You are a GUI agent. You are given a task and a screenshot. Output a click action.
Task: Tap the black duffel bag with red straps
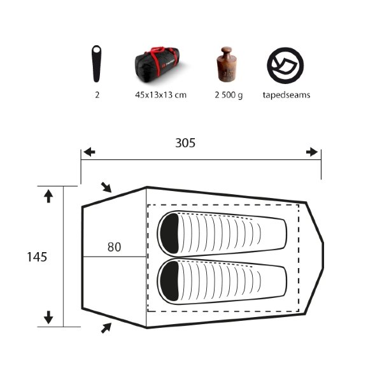click(158, 62)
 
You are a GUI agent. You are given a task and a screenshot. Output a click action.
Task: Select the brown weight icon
click(226, 64)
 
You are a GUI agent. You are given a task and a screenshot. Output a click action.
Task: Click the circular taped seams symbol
click(285, 66)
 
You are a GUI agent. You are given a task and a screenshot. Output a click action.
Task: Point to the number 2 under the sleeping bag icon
click(97, 95)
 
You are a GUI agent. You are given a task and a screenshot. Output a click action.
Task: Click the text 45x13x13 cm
click(161, 95)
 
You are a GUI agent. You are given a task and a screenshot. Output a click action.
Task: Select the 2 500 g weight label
click(229, 95)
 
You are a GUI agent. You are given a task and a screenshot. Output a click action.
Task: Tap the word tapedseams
click(286, 95)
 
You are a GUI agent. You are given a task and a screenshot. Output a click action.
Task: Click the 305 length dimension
click(185, 143)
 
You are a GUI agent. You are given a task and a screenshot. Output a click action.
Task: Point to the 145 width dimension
click(37, 257)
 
